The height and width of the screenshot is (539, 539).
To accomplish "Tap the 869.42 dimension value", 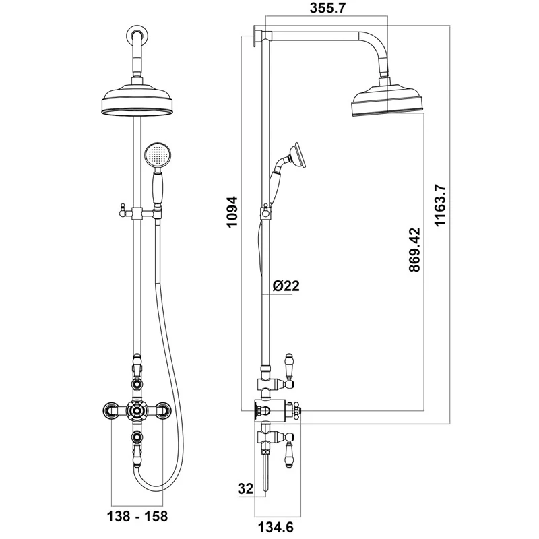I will [414, 249].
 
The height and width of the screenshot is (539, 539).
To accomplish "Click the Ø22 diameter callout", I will [286, 286].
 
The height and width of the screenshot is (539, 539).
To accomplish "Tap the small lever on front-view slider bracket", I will [123, 210].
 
